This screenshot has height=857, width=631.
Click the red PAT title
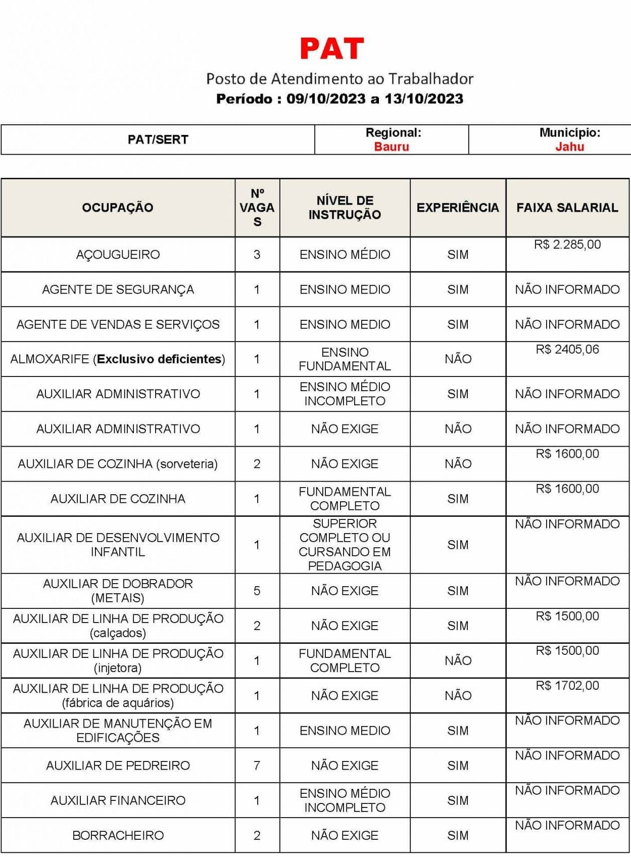tap(332, 49)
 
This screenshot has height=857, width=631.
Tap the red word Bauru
tap(392, 147)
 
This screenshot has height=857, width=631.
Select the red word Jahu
tap(569, 147)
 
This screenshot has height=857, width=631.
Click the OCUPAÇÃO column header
tap(118, 208)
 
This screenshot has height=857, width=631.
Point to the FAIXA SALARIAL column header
tap(567, 208)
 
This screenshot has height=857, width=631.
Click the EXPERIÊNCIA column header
tap(458, 208)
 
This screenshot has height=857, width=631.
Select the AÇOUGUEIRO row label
tap(118, 255)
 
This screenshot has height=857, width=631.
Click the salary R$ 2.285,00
tap(567, 245)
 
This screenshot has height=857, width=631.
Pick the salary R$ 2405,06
tap(567, 350)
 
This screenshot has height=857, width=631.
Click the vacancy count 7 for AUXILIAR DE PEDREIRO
tap(257, 766)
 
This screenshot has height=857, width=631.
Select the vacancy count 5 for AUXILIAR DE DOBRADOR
tap(257, 591)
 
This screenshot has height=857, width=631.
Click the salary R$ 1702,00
tap(567, 686)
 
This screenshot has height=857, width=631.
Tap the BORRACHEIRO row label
tap(118, 835)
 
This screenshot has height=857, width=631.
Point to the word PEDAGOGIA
tap(345, 566)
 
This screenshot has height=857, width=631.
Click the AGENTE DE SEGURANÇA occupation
tap(118, 290)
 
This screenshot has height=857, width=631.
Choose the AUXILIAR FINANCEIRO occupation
tap(118, 800)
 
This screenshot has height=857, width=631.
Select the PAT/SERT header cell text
tap(158, 139)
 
